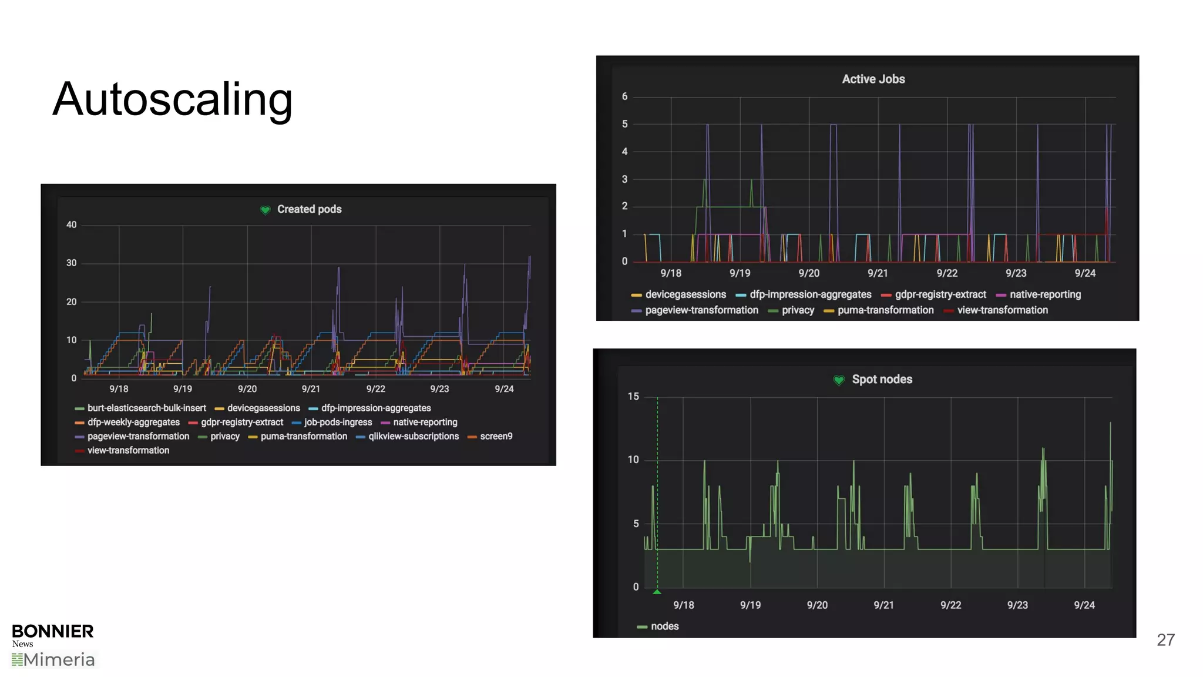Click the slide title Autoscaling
pos(172,99)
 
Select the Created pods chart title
pos(309,209)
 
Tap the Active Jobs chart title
pos(873,79)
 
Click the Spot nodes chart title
pos(882,380)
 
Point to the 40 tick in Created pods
pos(71,225)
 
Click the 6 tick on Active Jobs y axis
pos(624,96)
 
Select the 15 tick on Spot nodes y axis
pos(633,397)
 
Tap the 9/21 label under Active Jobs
pos(878,273)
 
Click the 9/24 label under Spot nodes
pos(1084,605)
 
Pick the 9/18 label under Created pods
pos(119,389)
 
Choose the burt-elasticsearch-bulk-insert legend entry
pos(146,408)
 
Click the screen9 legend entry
pos(496,436)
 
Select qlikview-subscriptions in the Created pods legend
pos(413,436)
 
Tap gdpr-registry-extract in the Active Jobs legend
pos(940,294)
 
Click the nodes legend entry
pos(664,626)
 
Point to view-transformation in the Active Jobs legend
pos(1002,310)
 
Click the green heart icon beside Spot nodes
pos(839,380)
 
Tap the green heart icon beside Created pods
pos(266,210)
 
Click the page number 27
pos(1165,640)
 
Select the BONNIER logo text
pos(53,631)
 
